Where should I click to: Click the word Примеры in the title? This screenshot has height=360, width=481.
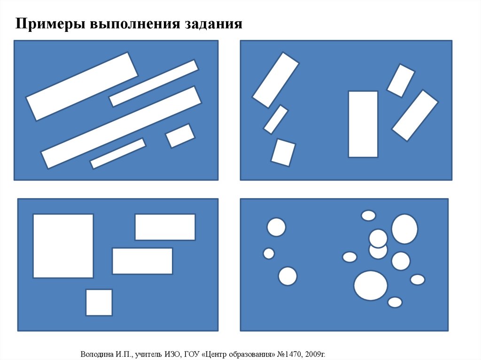click(50, 24)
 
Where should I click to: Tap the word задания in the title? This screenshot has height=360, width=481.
click(213, 24)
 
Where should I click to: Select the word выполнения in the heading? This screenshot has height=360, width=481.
click(135, 24)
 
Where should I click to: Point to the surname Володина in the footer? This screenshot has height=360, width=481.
click(97, 354)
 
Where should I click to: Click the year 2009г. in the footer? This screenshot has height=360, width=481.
click(315, 354)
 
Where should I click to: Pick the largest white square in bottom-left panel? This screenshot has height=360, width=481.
click(63, 246)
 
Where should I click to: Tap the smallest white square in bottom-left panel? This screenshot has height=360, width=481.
click(99, 302)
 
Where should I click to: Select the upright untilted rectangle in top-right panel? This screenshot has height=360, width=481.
click(363, 124)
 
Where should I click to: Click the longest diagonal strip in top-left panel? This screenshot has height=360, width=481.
click(121, 128)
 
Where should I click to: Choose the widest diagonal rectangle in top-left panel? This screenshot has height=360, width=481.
click(82, 86)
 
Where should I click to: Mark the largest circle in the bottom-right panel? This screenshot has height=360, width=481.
click(371, 285)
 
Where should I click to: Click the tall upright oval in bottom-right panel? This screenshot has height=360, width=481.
click(404, 229)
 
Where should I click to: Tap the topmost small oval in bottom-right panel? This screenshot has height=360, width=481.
click(368, 215)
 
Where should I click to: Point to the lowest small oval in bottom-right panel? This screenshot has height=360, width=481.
click(395, 302)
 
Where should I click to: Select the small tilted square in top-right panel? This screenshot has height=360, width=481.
click(283, 153)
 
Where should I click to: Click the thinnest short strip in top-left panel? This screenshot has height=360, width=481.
click(118, 153)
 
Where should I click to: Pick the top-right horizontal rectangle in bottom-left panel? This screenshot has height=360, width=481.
click(165, 227)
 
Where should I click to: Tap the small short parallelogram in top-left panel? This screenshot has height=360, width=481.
click(180, 136)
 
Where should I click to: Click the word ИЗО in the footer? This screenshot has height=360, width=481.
click(171, 354)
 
